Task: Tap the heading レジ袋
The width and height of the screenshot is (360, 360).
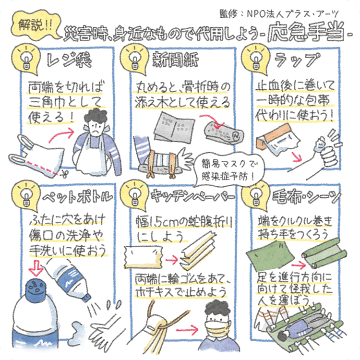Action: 69,60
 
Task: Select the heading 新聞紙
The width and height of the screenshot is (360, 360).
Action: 175,59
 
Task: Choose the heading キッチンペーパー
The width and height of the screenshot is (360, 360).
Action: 193,196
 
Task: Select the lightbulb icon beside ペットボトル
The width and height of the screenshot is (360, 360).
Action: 26,197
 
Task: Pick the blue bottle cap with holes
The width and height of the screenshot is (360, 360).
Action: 35,288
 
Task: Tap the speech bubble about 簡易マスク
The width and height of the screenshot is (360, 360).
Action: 228,170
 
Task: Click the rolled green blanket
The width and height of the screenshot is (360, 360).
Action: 324,253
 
